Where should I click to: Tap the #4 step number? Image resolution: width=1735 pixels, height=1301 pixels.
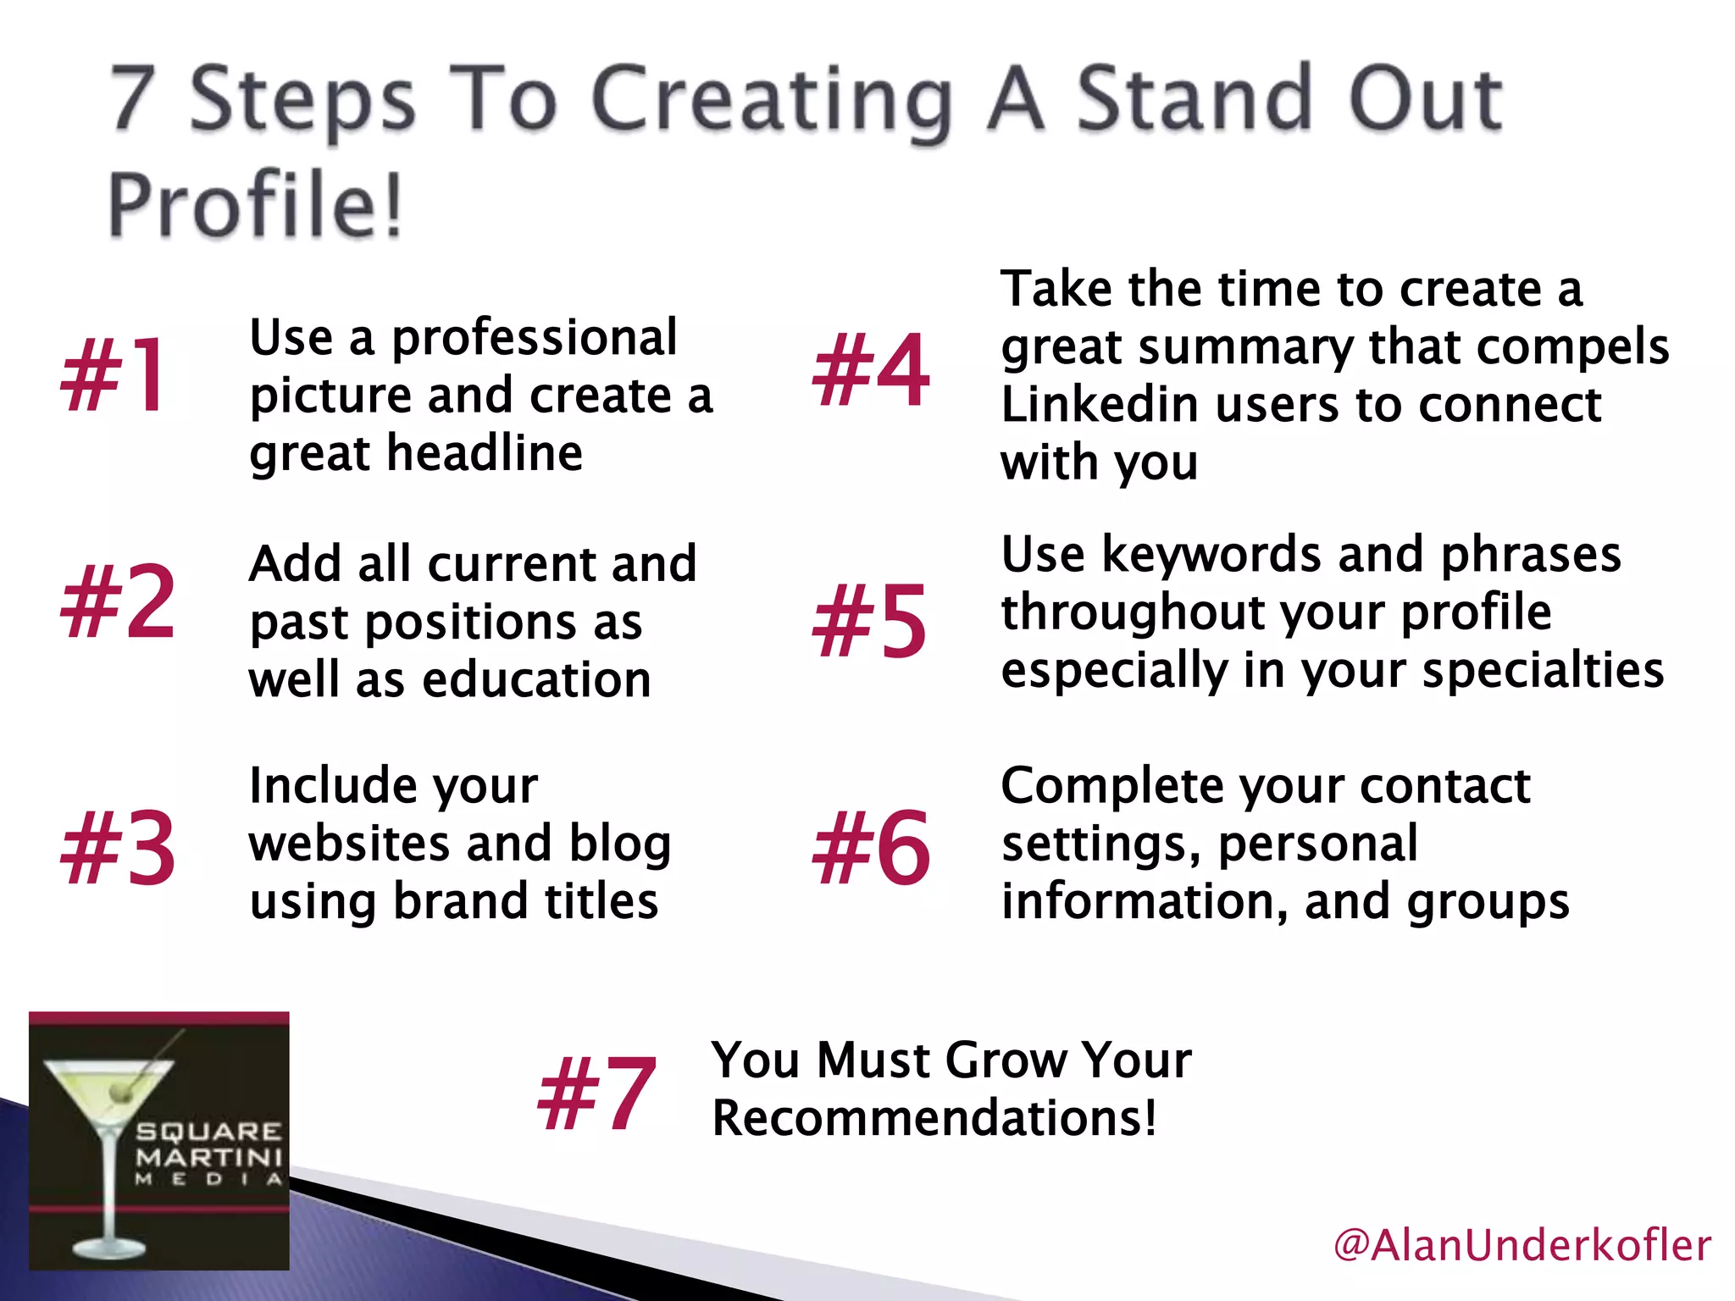(x=870, y=370)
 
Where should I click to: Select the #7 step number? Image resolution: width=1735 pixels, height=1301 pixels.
(x=596, y=1093)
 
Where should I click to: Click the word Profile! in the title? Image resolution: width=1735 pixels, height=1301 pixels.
(x=254, y=206)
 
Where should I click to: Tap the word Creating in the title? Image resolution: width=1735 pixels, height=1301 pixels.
(x=771, y=102)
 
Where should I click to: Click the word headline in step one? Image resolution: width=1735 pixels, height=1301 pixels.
(x=485, y=453)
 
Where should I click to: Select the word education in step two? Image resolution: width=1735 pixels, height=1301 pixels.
(x=536, y=680)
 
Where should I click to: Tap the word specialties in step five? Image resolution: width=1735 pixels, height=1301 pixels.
(x=1543, y=671)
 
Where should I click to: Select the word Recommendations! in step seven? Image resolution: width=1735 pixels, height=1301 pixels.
(x=934, y=1119)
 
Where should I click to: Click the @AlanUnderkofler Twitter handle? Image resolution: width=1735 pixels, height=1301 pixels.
(x=1522, y=1246)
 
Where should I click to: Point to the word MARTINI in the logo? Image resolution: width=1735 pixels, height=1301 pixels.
(x=208, y=1156)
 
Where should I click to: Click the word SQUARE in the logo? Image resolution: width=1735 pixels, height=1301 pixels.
(x=208, y=1132)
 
